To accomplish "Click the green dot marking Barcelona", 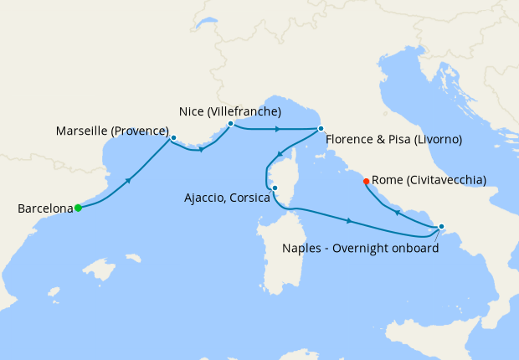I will tap(78, 208).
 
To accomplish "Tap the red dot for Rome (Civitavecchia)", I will tap(366, 182).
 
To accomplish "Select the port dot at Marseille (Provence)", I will tap(173, 137).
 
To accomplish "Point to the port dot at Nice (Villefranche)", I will tap(230, 124).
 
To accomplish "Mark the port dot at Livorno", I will tap(321, 129).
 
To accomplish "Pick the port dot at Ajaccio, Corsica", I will tap(275, 188).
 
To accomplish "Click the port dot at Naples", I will tap(441, 226).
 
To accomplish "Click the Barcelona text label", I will tap(44, 208).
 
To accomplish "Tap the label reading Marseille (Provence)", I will tap(112, 131).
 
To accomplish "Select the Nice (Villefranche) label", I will tap(230, 111).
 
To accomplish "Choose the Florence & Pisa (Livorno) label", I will tap(393, 139).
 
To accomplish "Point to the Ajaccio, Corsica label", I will tap(227, 198).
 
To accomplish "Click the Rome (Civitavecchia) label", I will tap(428, 180).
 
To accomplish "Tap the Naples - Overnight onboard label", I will tap(360, 248).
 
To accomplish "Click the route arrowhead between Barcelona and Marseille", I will tap(127, 181).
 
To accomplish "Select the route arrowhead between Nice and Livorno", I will tap(277, 129).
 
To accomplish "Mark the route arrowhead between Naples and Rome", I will tap(397, 213).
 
